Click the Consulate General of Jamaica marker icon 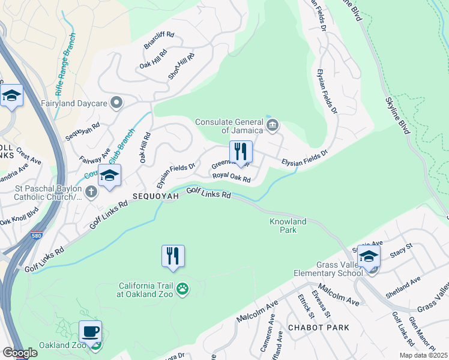(x=273, y=125)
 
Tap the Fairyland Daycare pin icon (x=116, y=102)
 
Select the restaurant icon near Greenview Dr (x=241, y=152)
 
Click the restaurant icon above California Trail (x=173, y=256)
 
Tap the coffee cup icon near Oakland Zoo (x=90, y=331)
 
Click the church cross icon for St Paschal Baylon (x=91, y=192)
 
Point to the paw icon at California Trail (x=183, y=290)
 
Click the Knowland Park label (x=288, y=226)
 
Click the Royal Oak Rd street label (x=231, y=178)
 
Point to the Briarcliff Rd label (x=158, y=40)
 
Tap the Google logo (x=20, y=352)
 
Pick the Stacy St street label (x=402, y=247)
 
